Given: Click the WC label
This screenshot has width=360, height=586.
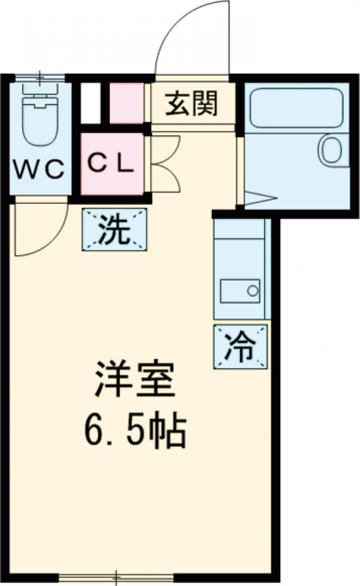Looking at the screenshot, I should pyautogui.click(x=39, y=169).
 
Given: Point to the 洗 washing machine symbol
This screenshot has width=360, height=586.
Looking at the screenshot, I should pyautogui.click(x=114, y=229).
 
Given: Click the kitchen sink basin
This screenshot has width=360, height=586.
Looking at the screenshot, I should pyautogui.click(x=240, y=291).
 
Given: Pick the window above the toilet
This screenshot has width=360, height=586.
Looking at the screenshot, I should pyautogui.click(x=40, y=77).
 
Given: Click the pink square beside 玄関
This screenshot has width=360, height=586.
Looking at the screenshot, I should pyautogui.click(x=127, y=103).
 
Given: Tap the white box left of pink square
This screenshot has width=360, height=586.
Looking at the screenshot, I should pyautogui.click(x=90, y=103).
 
